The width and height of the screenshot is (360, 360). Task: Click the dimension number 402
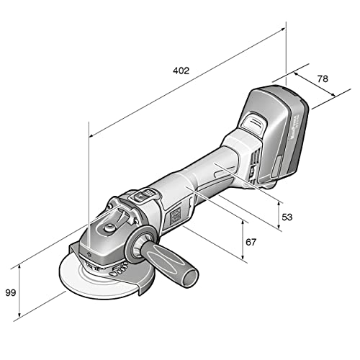181,71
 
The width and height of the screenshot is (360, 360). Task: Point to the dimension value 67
251,243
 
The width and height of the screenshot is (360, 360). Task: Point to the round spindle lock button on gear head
108,228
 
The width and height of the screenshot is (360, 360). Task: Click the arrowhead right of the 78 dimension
336,93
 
